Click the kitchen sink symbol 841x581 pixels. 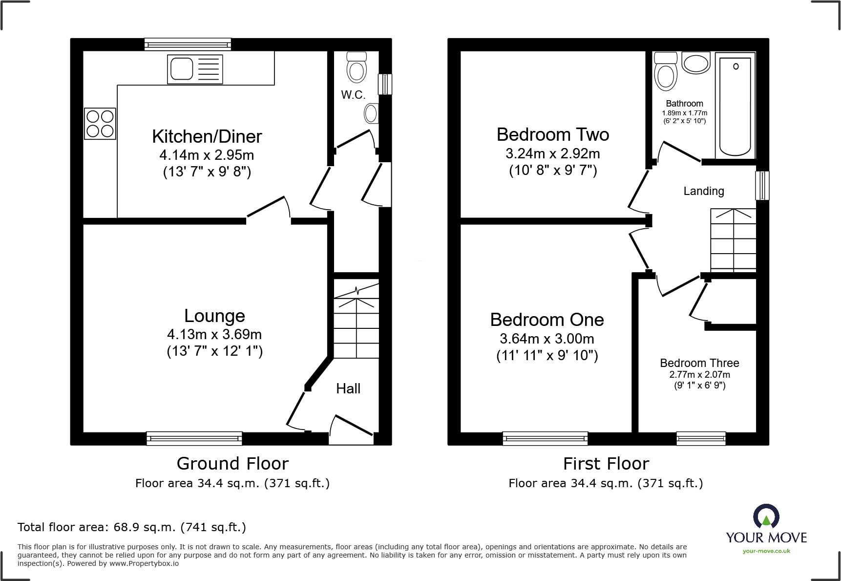click(x=195, y=69)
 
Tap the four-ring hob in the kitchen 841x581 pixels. click(x=100, y=124)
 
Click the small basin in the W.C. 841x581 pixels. click(x=371, y=114)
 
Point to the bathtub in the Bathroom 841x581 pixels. click(x=735, y=105)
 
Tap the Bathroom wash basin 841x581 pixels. click(x=696, y=63)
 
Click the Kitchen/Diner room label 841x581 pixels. click(x=207, y=136)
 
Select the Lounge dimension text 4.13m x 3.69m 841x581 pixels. click(x=214, y=334)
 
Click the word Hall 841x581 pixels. click(x=348, y=388)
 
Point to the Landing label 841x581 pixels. click(x=703, y=191)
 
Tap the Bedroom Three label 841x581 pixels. click(x=699, y=363)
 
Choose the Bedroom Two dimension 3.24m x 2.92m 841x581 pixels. click(x=552, y=153)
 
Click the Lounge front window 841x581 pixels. click(x=194, y=438)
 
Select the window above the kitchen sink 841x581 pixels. click(x=188, y=44)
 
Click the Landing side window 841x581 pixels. click(x=762, y=185)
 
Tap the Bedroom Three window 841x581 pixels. click(x=700, y=438)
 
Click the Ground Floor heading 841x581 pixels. click(x=232, y=463)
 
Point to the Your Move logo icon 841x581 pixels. click(x=766, y=516)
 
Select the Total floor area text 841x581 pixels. click(x=132, y=527)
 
